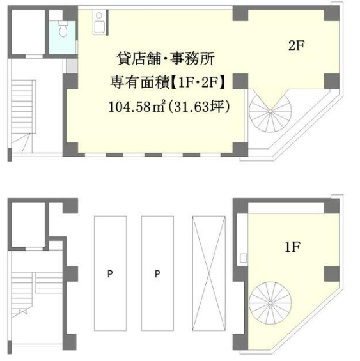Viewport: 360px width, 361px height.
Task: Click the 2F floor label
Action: (297, 45)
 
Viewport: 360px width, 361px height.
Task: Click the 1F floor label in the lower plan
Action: (293, 247)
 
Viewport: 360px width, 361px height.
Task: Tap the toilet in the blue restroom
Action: (63, 29)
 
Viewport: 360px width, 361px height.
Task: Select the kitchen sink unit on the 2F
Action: (99, 22)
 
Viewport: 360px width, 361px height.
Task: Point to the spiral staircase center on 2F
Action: (270, 111)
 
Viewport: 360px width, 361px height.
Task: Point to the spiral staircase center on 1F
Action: (270, 303)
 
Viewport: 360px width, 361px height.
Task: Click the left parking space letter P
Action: (110, 273)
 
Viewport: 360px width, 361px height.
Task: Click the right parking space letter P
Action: (157, 273)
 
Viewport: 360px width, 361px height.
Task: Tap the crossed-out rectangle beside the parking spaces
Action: (208, 273)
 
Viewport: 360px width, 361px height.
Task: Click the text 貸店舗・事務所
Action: (166, 58)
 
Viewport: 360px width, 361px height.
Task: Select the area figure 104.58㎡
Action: (137, 107)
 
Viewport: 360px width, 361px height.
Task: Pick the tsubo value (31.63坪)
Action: (199, 107)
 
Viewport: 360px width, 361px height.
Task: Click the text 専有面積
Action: (139, 82)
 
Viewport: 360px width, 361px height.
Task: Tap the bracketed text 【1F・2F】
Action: (198, 82)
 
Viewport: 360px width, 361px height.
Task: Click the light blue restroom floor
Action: (63, 38)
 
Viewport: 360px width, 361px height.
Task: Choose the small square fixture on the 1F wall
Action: (244, 258)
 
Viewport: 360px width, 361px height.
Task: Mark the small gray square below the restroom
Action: (72, 66)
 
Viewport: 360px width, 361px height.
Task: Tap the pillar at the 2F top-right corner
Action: (332, 13)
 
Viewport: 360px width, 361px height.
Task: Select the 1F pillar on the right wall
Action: (332, 274)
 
